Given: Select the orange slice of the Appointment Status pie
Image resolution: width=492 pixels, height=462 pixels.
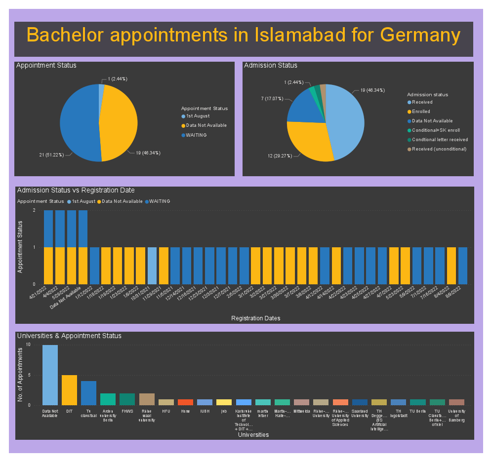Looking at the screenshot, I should (x=121, y=123).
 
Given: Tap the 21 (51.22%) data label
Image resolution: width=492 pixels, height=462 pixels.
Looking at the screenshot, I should (x=52, y=155).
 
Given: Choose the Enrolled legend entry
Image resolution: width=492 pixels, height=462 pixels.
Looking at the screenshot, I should (x=421, y=112).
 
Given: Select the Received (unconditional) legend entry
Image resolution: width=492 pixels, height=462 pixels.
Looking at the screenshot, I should (x=439, y=149).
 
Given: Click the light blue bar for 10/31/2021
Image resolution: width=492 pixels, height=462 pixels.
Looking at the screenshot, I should (x=152, y=266).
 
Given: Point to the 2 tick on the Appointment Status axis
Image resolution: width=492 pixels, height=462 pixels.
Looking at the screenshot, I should (x=34, y=211).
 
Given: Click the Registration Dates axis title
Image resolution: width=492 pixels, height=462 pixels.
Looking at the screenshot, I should (x=255, y=318).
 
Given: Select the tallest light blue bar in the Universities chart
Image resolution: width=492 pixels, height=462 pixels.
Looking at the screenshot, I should (x=50, y=375).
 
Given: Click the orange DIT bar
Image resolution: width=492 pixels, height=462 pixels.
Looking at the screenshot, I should (x=69, y=390).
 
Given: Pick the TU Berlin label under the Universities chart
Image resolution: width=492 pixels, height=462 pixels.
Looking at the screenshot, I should (x=417, y=411).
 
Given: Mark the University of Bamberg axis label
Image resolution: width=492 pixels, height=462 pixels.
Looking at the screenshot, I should (x=456, y=416).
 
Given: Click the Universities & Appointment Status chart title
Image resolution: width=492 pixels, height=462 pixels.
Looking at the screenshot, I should (x=69, y=336).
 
